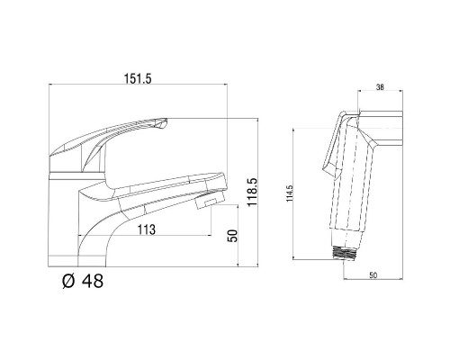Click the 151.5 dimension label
138,79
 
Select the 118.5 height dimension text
252,192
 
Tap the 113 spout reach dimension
147,229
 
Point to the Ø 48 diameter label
83,281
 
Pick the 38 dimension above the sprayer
380,87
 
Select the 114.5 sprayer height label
290,193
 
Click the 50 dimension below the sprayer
373,275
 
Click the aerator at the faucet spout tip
210,201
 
